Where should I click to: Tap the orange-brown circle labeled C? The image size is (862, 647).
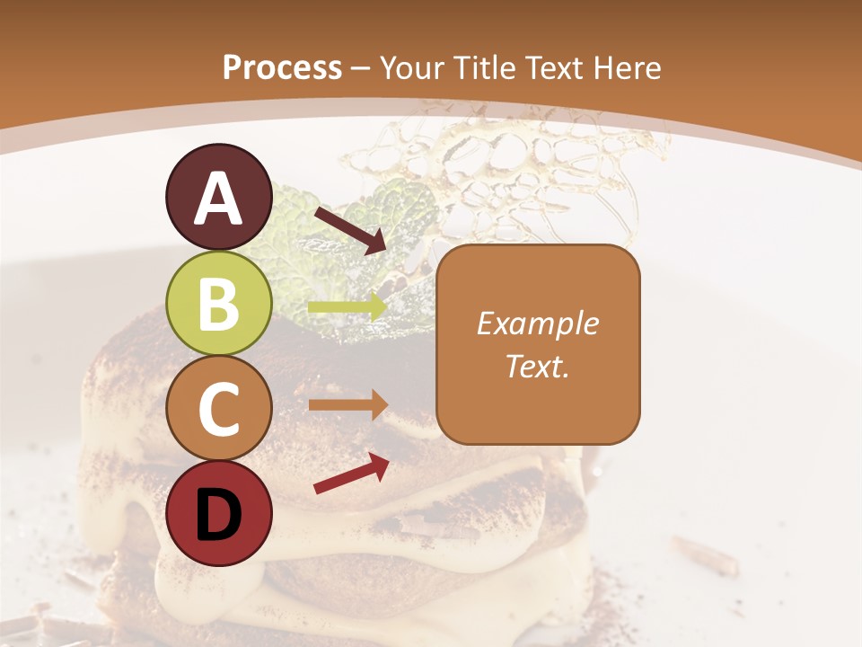pyautogui.click(x=218, y=409)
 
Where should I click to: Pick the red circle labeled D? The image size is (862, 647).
pyautogui.click(x=218, y=513)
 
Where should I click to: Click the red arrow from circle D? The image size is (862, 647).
pyautogui.click(x=351, y=473)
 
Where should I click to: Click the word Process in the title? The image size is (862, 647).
pyautogui.click(x=282, y=68)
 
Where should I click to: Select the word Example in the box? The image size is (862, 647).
pyautogui.click(x=538, y=323)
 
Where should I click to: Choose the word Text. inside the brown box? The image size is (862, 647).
pyautogui.click(x=538, y=366)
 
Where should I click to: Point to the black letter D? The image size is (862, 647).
pyautogui.click(x=218, y=515)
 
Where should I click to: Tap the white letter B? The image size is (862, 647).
pyautogui.click(x=218, y=304)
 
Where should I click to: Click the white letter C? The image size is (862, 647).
pyautogui.click(x=218, y=410)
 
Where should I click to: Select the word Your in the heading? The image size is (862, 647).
pyautogui.click(x=414, y=68)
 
